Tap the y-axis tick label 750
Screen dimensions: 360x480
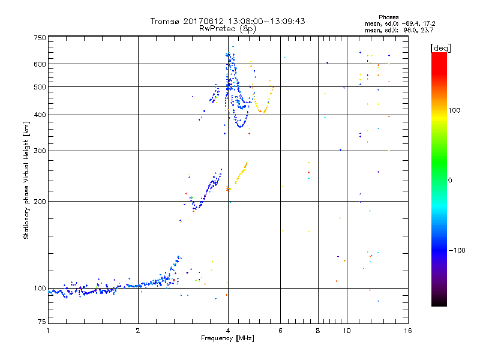40,38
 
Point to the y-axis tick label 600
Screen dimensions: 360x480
40,64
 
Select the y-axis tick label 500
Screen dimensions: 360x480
40,87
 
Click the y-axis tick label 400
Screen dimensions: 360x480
40,115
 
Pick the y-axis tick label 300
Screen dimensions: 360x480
40,151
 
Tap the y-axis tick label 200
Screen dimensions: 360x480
40,202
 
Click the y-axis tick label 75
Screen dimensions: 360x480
41,325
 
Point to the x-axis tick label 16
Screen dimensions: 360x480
407,331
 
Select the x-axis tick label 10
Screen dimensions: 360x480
346,331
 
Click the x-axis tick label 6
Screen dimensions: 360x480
280,331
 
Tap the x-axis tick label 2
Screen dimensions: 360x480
138,331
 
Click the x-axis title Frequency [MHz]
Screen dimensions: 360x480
227,338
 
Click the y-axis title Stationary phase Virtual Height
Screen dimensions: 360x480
26,180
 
